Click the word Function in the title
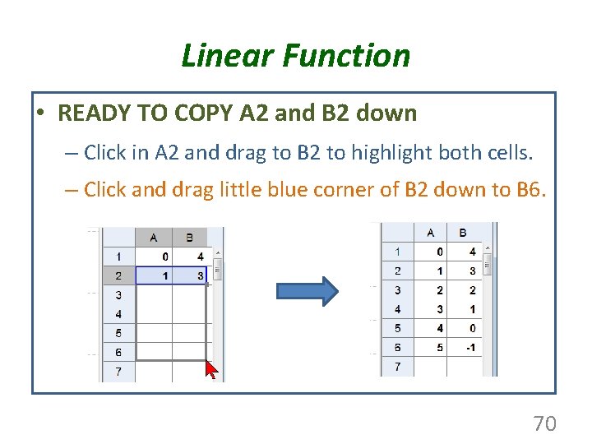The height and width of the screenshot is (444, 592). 345,56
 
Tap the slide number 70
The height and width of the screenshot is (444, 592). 544,423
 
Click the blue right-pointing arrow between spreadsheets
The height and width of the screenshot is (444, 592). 307,292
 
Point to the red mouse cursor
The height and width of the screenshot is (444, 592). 211,370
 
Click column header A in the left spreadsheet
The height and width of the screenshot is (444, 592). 154,238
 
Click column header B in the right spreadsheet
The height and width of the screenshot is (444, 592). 463,233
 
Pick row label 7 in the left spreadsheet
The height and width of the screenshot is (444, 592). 118,372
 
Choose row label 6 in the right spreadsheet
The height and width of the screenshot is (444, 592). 398,347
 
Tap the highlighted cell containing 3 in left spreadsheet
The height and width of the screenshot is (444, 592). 190,276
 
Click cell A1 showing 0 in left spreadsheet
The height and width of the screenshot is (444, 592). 154,257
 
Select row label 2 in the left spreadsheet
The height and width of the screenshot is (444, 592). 118,276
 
